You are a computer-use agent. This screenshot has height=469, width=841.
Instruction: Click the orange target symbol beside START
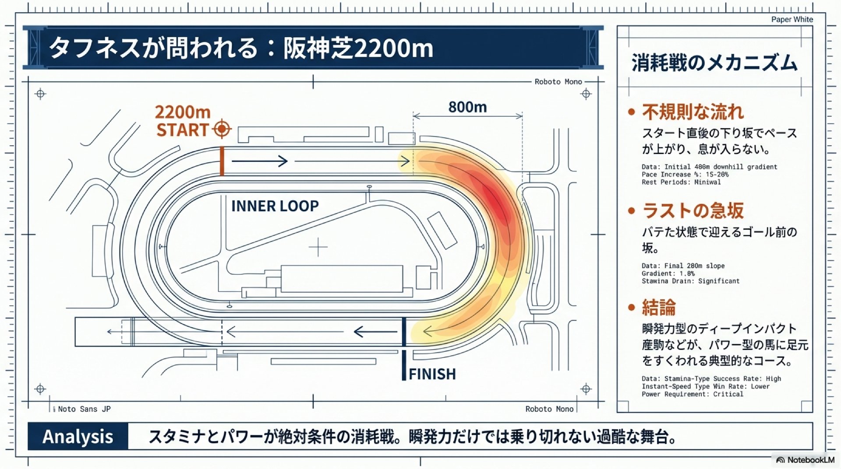(x=222, y=129)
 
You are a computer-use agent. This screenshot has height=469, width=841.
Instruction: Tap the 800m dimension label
(x=467, y=107)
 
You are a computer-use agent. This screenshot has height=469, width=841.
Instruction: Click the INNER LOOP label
(x=275, y=206)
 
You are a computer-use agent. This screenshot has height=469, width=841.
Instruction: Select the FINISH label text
(x=432, y=374)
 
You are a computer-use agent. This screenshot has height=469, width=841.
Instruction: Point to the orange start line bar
(x=222, y=161)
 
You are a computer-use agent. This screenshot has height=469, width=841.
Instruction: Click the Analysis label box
(x=78, y=437)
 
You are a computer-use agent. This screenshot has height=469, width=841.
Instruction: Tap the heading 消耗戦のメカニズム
(x=714, y=63)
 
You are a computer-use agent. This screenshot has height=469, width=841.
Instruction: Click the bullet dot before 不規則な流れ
(x=631, y=112)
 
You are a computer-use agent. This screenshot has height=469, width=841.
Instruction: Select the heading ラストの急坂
(x=693, y=211)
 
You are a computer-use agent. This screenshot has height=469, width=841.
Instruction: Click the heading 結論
(x=659, y=307)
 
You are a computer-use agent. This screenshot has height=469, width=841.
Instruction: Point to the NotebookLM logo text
(x=810, y=460)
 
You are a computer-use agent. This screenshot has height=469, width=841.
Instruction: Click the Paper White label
(x=792, y=19)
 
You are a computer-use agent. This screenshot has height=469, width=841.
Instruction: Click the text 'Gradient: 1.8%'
(x=668, y=273)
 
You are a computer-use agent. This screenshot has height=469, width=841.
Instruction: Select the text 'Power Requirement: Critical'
(x=692, y=394)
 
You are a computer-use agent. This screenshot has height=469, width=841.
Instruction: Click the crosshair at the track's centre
(x=318, y=248)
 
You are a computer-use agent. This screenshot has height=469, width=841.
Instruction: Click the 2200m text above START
(x=183, y=112)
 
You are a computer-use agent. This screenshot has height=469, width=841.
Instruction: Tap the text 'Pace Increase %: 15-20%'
(x=685, y=175)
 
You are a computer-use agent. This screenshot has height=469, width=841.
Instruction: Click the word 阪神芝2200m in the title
(x=358, y=48)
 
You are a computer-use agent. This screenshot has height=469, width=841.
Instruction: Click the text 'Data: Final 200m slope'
(x=683, y=266)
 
